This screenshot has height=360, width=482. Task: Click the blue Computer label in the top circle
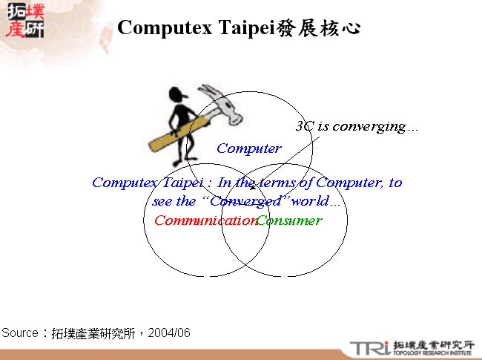(249, 148)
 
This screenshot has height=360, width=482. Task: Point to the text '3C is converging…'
(357, 126)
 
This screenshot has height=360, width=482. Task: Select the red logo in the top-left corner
(24, 20)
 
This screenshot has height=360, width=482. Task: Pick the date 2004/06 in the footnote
(169, 333)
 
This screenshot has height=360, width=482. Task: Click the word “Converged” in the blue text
(245, 201)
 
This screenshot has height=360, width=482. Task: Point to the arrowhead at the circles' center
(242, 194)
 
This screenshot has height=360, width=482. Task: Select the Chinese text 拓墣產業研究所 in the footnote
(93, 333)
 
